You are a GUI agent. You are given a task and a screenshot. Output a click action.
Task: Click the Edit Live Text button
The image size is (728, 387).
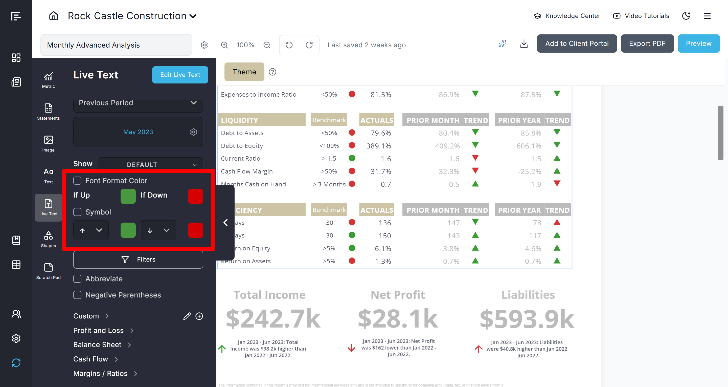pyautogui.click(x=180, y=75)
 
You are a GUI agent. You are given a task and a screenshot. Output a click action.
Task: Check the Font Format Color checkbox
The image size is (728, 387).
pyautogui.click(x=77, y=181)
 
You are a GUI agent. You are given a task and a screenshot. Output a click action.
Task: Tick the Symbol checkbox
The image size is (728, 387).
pyautogui.click(x=77, y=212)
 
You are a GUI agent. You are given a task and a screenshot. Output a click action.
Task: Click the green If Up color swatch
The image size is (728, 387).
pyautogui.click(x=128, y=196)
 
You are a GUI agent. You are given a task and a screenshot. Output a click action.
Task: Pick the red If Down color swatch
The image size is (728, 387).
pyautogui.click(x=196, y=196)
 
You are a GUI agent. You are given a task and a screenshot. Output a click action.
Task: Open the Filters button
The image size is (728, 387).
pyautogui.click(x=138, y=260)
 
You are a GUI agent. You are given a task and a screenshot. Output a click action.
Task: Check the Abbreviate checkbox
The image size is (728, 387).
pyautogui.click(x=77, y=279)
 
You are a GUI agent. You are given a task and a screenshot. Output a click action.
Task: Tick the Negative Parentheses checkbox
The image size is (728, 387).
pyautogui.click(x=77, y=295)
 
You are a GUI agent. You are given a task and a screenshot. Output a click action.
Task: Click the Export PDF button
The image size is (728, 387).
pyautogui.click(x=647, y=44)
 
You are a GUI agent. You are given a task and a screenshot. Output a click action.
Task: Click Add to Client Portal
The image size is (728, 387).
pyautogui.click(x=577, y=44)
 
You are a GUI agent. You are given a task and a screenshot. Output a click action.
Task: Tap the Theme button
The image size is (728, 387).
pyautogui.click(x=244, y=72)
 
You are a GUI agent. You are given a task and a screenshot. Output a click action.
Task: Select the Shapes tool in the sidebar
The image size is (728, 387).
pyautogui.click(x=48, y=239)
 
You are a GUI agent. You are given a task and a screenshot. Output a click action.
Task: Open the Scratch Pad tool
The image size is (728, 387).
pyautogui.click(x=48, y=271)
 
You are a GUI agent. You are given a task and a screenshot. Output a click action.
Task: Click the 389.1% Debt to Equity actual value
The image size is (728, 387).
pyautogui.click(x=378, y=146)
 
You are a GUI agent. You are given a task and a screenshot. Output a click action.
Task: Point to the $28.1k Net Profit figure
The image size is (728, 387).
pyautogui.click(x=398, y=319)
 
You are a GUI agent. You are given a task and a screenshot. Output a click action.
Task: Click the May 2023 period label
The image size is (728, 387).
pyautogui.click(x=138, y=132)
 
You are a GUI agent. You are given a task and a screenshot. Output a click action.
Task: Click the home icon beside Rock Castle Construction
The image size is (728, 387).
pyautogui.click(x=53, y=16)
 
